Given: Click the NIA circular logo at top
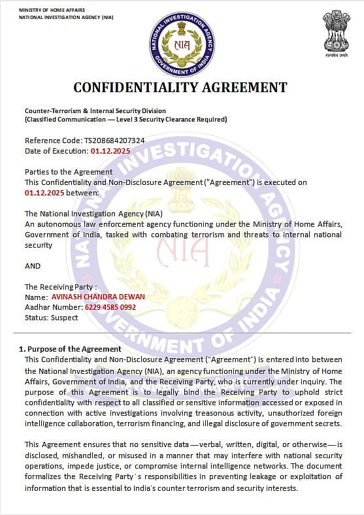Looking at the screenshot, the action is [182, 44].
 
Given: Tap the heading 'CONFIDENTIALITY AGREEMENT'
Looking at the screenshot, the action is [180, 87].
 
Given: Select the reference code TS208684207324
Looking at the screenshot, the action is [114, 141].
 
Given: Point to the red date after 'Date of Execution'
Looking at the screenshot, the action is [110, 151].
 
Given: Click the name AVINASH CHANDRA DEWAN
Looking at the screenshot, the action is [98, 297].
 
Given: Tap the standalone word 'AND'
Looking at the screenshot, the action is [33, 266].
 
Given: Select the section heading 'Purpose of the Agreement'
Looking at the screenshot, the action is [73, 349].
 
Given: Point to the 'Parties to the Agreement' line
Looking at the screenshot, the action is [59, 172].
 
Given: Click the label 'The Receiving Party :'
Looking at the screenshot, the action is [61, 287].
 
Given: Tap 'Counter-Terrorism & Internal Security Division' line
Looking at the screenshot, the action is [95, 111].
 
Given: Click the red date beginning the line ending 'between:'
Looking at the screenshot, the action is [45, 193].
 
